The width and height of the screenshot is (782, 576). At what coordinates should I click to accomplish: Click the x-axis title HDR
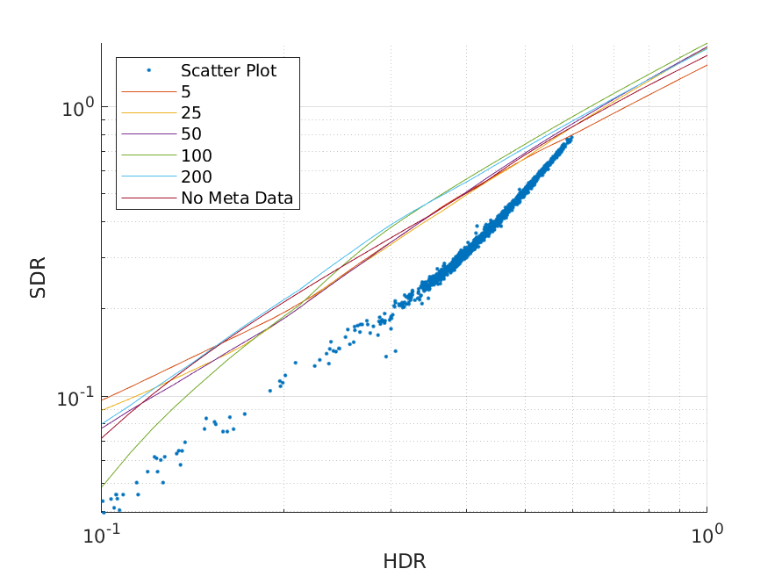click(x=405, y=561)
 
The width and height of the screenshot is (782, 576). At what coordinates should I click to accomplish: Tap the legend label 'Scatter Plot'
click(x=228, y=71)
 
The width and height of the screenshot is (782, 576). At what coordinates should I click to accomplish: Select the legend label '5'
click(x=186, y=91)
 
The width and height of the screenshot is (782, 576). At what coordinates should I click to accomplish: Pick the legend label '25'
click(x=190, y=113)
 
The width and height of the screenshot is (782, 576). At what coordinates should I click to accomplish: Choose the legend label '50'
click(x=190, y=134)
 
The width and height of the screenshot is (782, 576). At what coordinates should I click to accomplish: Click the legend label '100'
click(x=195, y=155)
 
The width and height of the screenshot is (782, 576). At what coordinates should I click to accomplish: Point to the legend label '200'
click(x=195, y=177)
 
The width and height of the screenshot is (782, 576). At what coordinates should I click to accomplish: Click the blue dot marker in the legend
click(x=149, y=69)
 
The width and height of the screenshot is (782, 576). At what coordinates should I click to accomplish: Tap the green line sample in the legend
click(x=149, y=155)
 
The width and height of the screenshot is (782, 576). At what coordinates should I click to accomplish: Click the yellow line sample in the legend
click(x=149, y=113)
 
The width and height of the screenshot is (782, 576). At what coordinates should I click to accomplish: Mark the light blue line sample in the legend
click(x=149, y=177)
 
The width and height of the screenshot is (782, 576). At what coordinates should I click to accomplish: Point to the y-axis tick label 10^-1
click(x=75, y=399)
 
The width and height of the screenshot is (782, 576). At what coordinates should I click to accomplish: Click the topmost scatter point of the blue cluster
click(x=571, y=137)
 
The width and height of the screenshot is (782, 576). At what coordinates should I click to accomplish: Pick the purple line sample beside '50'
click(x=149, y=134)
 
